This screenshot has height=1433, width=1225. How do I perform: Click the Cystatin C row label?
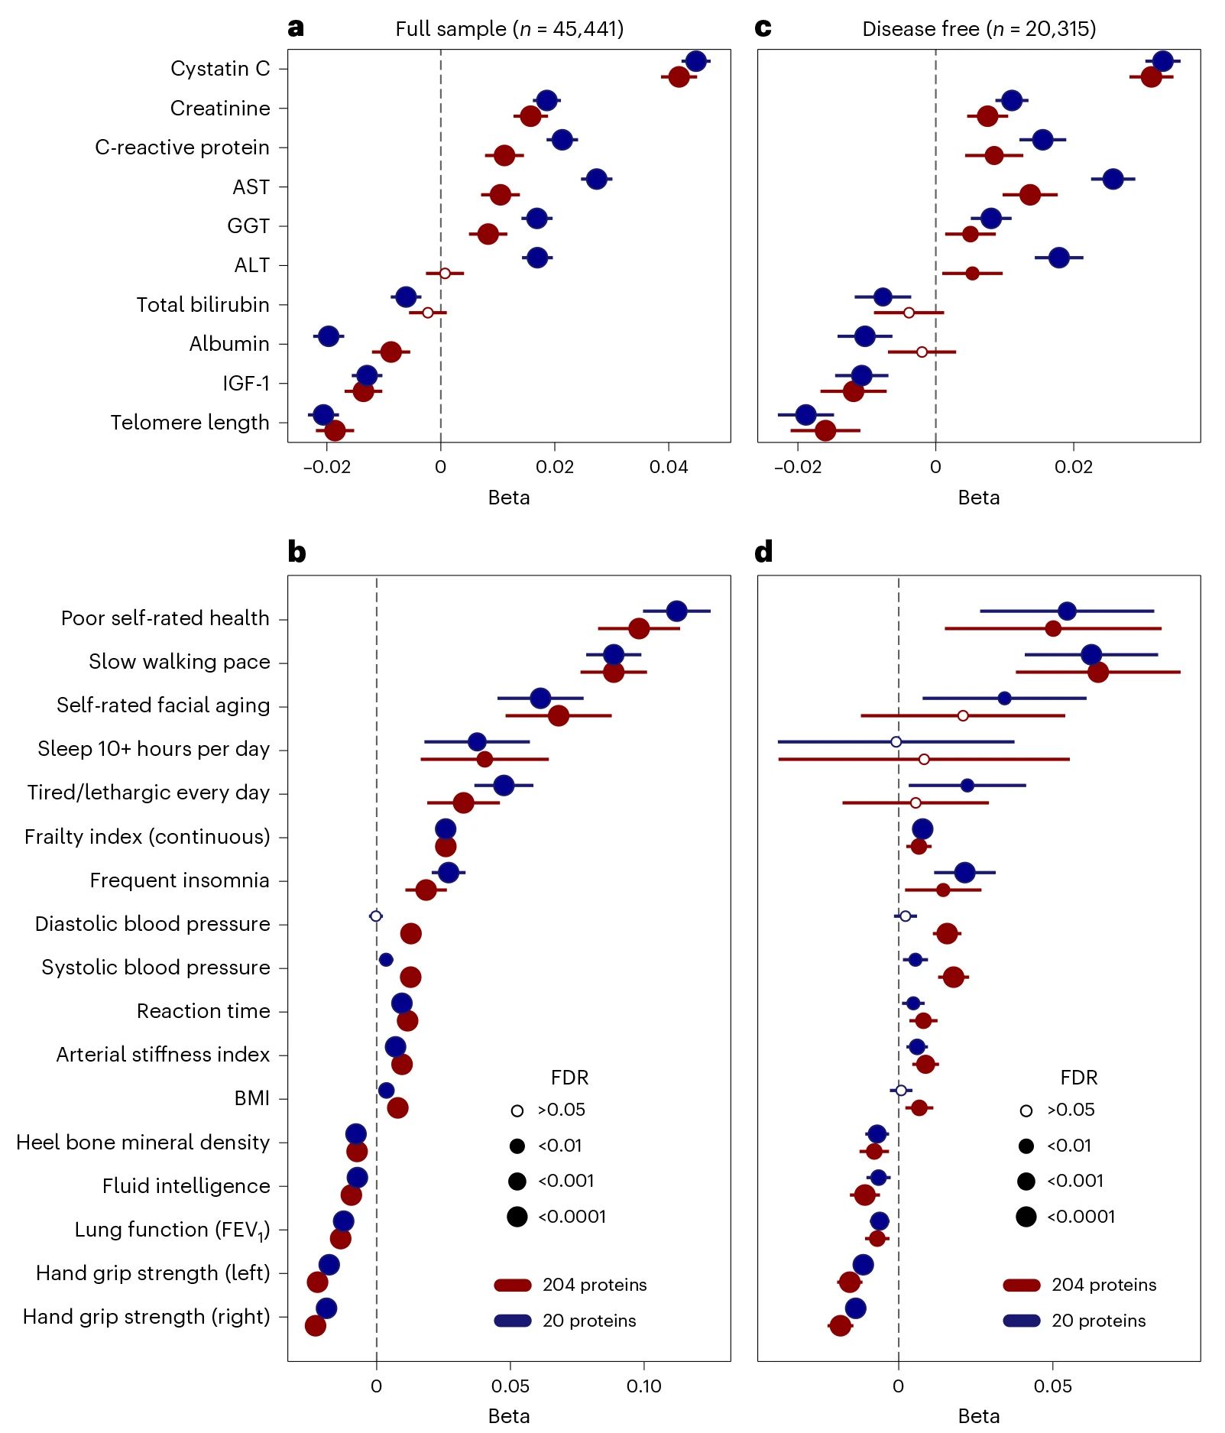[x=220, y=69]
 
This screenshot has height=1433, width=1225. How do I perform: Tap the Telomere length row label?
[x=190, y=423]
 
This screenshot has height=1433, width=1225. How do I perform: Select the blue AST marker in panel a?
[x=596, y=179]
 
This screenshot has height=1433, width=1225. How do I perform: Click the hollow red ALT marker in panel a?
[x=445, y=273]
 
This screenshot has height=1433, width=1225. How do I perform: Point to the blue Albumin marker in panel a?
[x=329, y=336]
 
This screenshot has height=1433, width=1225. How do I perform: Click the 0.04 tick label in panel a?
[x=669, y=467]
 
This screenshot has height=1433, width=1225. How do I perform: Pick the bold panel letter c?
[x=763, y=28]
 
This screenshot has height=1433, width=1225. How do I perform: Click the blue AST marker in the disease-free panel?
[x=1113, y=179]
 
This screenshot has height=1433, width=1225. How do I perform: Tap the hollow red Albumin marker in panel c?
[x=922, y=352]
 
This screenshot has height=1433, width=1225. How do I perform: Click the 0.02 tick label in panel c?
[x=1073, y=467]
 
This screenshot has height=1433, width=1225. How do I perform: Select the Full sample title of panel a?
[x=509, y=29]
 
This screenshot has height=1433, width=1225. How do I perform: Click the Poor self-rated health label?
[x=165, y=618]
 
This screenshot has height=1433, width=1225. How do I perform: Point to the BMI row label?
[x=252, y=1098]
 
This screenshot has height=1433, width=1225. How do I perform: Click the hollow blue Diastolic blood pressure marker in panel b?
[x=375, y=916]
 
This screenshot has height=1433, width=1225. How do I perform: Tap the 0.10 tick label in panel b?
[x=643, y=1386]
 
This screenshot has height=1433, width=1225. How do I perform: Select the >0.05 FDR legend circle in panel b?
[x=517, y=1110]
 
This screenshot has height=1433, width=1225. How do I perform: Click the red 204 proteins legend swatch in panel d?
[x=1021, y=1285]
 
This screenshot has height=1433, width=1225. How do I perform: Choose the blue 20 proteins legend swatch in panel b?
[x=513, y=1321]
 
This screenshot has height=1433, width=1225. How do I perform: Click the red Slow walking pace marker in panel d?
[x=1097, y=672]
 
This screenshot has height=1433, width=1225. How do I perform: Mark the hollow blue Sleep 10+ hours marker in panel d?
[x=896, y=741]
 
